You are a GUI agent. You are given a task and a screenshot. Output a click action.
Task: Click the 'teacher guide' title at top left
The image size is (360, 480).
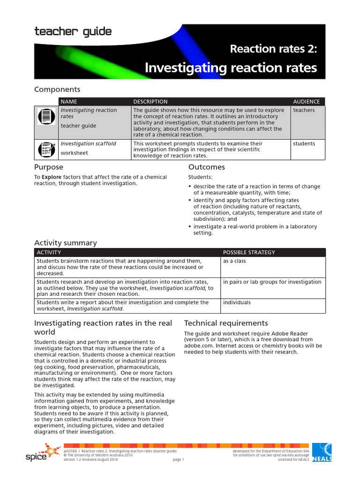[x=73, y=32]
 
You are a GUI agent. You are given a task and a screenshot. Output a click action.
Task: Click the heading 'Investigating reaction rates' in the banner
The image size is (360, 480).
[x=231, y=68]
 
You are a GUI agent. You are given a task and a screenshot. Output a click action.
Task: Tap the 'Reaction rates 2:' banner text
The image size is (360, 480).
[x=273, y=48]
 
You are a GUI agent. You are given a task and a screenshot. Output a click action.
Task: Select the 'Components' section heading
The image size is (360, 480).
[x=57, y=89]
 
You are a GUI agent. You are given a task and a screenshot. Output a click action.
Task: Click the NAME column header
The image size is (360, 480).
[x=69, y=101]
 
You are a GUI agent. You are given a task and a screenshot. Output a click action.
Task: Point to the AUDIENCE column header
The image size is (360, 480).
[x=306, y=101]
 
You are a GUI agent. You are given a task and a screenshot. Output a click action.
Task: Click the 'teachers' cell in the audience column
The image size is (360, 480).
[x=304, y=110]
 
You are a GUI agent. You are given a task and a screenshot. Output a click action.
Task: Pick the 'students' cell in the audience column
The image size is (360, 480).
[x=304, y=143]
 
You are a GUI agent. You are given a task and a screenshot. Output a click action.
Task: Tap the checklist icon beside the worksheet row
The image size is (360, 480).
[x=46, y=150]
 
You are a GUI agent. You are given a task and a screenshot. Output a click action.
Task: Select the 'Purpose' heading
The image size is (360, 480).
[x=49, y=167]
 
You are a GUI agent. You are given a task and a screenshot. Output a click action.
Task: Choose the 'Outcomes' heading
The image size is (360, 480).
[x=206, y=167]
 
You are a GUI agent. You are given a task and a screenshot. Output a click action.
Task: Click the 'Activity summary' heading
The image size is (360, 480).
[x=66, y=243]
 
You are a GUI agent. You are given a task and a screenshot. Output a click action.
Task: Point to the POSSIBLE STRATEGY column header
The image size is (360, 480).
[x=249, y=252]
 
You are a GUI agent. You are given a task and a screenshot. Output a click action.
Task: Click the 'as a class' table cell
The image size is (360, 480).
[x=234, y=261]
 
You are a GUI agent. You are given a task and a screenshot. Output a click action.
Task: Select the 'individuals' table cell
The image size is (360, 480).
[x=237, y=302]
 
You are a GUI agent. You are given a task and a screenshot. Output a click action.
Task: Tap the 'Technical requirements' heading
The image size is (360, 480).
[x=226, y=323]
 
